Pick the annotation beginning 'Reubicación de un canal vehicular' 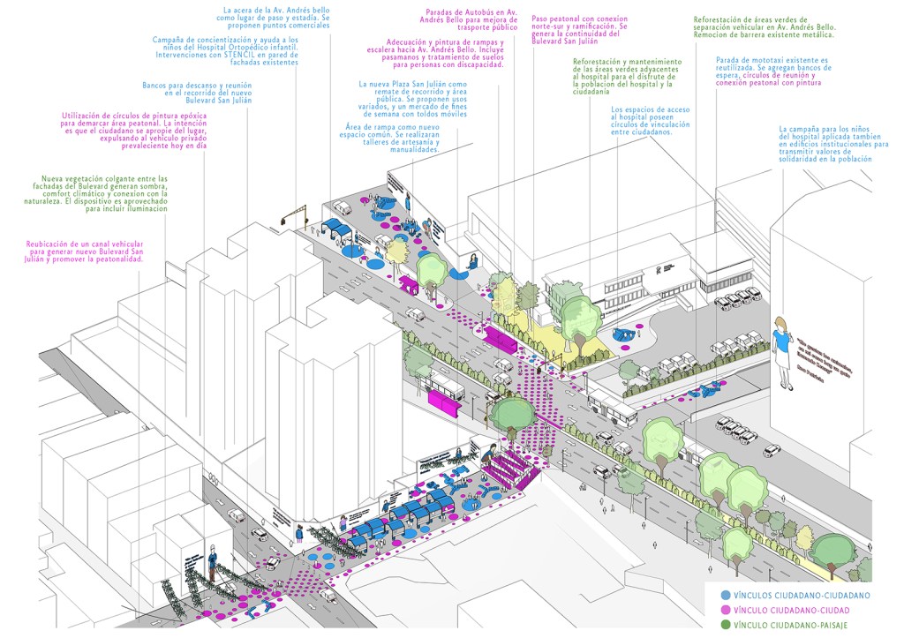tap(84, 251)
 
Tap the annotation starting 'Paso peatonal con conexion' tap(579, 29)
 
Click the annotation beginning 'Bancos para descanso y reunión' tap(197, 94)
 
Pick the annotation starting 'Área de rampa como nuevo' tap(390, 139)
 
